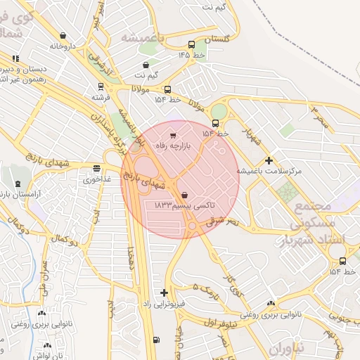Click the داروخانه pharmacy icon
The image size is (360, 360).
64,35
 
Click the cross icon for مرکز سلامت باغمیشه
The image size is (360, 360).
269,160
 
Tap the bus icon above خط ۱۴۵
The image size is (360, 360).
191,44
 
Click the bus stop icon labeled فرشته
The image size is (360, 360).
100,87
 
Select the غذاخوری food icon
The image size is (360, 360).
96,168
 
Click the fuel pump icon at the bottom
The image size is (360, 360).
155,340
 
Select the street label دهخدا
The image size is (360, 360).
131,260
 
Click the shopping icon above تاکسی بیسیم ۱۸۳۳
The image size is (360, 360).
184,195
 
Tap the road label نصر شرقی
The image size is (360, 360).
224,220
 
